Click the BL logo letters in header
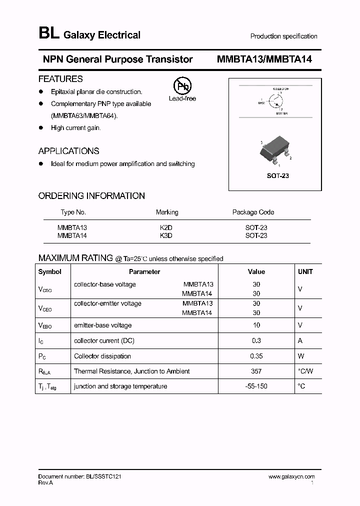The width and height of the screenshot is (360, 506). (48, 34)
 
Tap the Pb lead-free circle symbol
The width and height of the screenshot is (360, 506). (181, 86)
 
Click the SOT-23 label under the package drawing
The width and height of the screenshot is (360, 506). (278, 176)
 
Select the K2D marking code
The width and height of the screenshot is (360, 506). (165, 227)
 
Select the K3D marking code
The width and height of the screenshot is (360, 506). (165, 235)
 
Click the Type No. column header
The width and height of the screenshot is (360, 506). (73, 212)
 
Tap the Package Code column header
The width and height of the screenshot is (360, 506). (253, 212)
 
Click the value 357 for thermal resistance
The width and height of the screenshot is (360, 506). (256, 371)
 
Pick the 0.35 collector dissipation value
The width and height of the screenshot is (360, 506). (256, 356)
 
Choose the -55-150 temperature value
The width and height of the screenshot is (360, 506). (256, 386)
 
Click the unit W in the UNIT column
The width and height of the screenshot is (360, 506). (300, 356)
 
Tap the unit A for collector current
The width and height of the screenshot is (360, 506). (300, 341)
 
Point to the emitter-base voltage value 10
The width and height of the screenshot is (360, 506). (256, 325)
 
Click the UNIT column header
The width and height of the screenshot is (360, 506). (305, 272)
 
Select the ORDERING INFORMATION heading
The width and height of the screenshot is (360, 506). (91, 196)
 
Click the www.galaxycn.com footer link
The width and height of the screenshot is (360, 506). (291, 477)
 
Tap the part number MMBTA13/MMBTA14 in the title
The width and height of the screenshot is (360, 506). (264, 59)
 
